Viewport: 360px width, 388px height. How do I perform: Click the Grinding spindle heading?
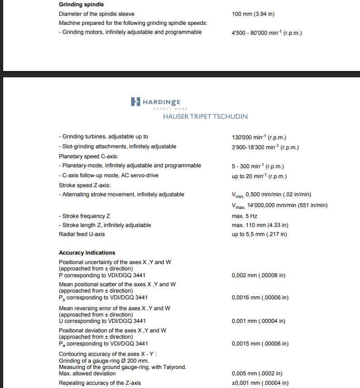click(x=81, y=5)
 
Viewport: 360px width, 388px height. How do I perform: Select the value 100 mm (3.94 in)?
click(x=253, y=14)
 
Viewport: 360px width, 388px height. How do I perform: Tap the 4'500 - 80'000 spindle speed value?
click(x=266, y=33)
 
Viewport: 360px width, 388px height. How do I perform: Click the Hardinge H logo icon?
click(x=135, y=102)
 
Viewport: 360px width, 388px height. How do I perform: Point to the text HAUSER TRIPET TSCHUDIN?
click(x=205, y=116)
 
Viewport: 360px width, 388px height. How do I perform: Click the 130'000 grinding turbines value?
click(x=259, y=137)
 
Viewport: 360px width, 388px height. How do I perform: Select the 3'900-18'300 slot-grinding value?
click(x=265, y=147)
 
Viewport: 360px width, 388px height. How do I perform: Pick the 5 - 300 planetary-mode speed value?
click(x=258, y=166)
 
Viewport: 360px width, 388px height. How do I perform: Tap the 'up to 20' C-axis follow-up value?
click(x=259, y=176)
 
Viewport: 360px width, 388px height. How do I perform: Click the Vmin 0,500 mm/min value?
click(x=271, y=195)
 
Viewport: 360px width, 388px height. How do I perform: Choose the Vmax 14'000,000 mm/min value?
click(x=279, y=205)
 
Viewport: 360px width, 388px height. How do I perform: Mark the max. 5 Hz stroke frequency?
click(x=244, y=216)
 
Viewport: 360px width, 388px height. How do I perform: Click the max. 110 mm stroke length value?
click(x=260, y=225)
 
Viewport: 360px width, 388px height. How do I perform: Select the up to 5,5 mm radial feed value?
click(x=259, y=234)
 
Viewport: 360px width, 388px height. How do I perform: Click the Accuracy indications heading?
click(x=87, y=253)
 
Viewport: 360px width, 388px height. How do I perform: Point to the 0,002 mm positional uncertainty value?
click(x=258, y=275)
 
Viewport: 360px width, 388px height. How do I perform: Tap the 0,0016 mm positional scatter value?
click(x=260, y=298)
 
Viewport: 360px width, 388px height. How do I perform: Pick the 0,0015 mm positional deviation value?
click(x=260, y=344)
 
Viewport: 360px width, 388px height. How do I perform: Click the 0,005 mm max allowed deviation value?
click(x=257, y=374)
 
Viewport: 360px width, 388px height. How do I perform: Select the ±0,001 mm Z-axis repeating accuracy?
click(x=260, y=383)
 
